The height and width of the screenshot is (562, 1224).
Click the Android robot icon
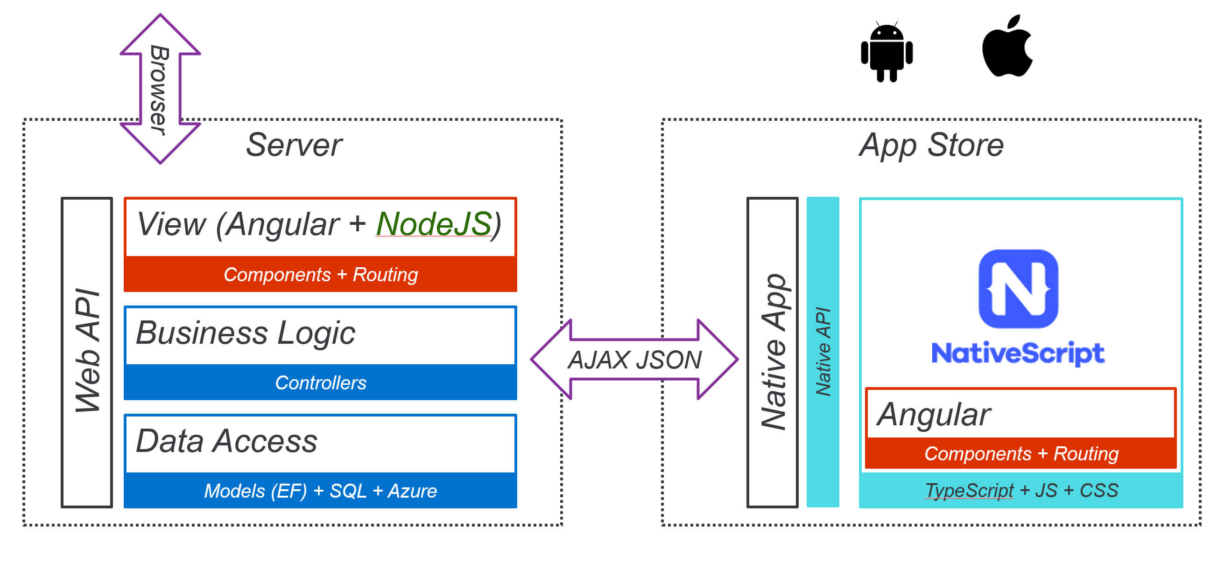coord(886,51)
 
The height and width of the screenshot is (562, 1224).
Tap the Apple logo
coord(1007,48)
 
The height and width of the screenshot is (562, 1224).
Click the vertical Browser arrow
coord(160,89)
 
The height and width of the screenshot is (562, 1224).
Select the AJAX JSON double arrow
coord(634,359)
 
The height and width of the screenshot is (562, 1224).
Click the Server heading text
coord(294,145)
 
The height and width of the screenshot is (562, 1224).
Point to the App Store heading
coord(931,145)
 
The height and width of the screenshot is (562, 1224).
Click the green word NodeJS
coord(434,224)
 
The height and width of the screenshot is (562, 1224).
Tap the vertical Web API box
coord(87,352)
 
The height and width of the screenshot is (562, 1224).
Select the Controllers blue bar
coord(320,382)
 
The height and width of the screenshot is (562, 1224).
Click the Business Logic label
coord(245,333)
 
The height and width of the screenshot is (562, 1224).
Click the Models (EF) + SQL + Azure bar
coord(320,491)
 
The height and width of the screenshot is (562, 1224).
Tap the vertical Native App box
coord(773,352)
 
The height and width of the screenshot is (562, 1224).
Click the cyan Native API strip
coord(823,352)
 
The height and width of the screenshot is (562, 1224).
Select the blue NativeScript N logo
coord(1018,289)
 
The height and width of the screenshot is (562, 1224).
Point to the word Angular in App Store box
coord(933,414)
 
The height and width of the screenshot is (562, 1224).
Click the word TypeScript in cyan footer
coord(969,490)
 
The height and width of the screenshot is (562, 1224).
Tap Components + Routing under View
coord(320,274)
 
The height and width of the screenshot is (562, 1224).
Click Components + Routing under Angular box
coord(1021,454)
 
